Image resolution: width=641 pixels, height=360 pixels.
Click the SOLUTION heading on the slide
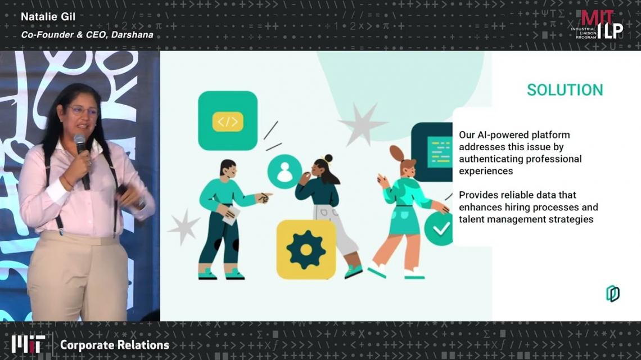pos(565,90)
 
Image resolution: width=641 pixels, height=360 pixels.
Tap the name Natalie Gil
pos(48,17)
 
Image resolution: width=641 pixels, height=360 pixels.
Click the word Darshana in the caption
pos(132,35)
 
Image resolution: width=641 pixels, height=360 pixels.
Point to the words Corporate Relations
pos(115,345)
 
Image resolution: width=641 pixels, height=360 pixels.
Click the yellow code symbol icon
pos(228,121)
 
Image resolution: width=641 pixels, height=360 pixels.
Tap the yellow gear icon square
pos(306,250)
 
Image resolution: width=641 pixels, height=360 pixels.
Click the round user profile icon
pos(285,172)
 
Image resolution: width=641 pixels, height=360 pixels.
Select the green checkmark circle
pos(439,228)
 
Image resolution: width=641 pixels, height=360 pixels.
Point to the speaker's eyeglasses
pos(83,110)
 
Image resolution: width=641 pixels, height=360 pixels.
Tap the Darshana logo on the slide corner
pos(612,294)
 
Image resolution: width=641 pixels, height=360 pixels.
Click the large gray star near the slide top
pos(362,124)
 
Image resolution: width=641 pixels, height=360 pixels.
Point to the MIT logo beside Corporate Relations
pos(28,344)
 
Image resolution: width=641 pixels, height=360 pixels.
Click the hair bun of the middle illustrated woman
pos(328,158)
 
